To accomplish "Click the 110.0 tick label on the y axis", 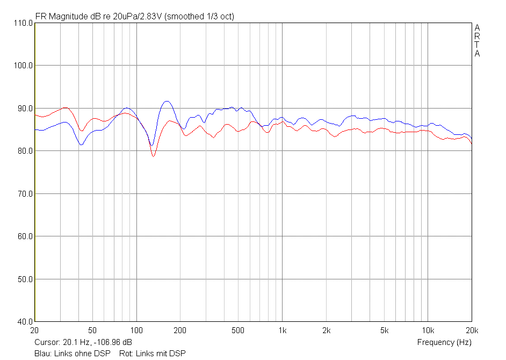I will tap(23, 23).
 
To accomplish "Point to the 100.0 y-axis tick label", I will tap(23, 66).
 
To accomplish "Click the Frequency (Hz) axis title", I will tap(444, 342).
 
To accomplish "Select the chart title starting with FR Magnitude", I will tap(134, 17).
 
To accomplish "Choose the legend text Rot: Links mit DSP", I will tap(153, 353).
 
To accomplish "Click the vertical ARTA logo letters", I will tap(477, 40).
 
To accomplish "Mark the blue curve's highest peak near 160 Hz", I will tap(167, 101).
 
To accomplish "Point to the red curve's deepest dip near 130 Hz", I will tap(153, 156).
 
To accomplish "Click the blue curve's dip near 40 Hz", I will tap(81, 145).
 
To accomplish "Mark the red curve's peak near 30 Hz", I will tap(66, 107).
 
